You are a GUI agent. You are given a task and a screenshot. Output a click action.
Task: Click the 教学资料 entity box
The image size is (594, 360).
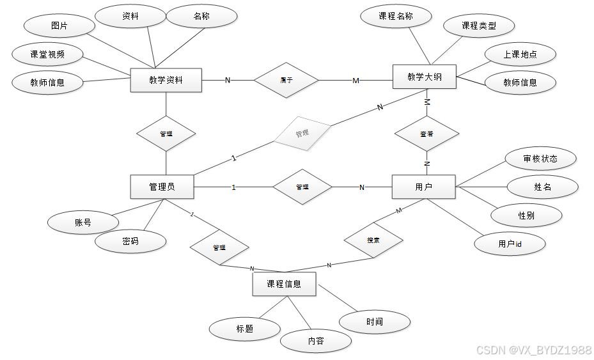(x=166, y=80)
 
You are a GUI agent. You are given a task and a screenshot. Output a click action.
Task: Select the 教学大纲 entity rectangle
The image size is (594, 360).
(x=424, y=77)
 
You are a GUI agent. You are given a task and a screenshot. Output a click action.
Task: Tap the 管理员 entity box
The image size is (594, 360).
(x=162, y=187)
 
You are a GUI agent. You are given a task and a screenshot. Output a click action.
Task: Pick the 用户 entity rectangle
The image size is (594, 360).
(x=423, y=187)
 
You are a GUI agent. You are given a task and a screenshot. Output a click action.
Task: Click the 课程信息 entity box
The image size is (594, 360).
(x=284, y=284)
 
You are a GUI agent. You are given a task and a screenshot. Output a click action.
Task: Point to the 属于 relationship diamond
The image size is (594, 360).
(x=286, y=80)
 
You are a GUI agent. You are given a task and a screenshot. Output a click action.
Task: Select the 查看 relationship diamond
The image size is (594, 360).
(x=426, y=134)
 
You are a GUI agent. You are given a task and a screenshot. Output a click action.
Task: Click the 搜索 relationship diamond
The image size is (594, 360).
(x=373, y=240)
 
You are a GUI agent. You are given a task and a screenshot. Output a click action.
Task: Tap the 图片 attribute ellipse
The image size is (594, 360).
(x=59, y=26)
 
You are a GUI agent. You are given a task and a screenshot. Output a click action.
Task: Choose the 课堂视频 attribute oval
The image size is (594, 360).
(x=47, y=54)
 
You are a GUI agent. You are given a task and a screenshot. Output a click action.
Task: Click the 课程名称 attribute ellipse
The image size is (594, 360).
(x=396, y=17)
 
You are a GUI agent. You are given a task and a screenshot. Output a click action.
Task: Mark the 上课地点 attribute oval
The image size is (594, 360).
(x=520, y=54)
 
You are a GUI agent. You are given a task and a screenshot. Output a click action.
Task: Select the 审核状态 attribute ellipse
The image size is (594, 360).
(x=540, y=159)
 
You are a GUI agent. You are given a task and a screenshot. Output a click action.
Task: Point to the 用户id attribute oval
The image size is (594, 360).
(x=510, y=244)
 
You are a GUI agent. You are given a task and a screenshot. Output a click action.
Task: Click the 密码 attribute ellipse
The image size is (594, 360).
(x=130, y=241)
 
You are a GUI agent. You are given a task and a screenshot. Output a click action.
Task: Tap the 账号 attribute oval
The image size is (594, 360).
(x=83, y=223)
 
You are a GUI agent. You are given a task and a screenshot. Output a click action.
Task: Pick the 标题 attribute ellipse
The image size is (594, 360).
(x=245, y=329)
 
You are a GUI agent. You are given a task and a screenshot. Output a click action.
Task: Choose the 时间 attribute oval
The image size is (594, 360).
(x=375, y=322)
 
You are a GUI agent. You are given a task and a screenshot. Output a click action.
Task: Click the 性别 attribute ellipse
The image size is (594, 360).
(x=526, y=215)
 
